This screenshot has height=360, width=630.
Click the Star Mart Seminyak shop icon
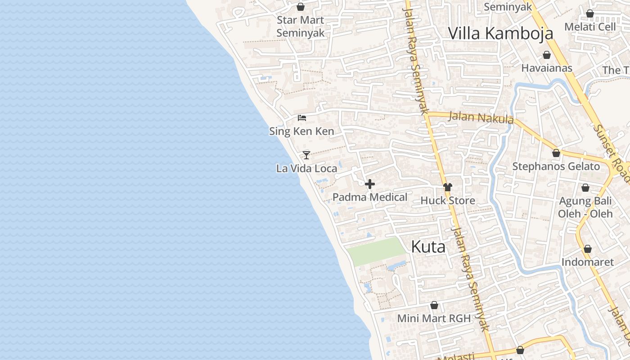301,7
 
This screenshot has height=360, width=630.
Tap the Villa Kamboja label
500,33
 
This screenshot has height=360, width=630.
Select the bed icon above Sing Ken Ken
302,118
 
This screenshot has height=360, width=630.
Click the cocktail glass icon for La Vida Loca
306,155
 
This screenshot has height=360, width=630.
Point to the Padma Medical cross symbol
370,184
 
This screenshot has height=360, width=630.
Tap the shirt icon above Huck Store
447,187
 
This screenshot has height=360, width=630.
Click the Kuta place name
428,247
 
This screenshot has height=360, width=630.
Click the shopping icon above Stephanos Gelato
556,153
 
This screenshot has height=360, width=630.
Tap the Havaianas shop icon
547,55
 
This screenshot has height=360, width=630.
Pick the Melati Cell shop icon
590,13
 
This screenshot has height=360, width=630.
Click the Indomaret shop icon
587,249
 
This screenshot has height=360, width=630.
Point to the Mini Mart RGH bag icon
434,306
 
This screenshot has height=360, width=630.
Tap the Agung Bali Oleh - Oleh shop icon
585,188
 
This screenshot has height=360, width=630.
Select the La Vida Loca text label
306,168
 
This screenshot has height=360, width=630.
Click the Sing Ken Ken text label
301,131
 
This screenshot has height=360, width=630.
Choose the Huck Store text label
448,200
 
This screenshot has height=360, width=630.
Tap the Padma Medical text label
370,197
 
